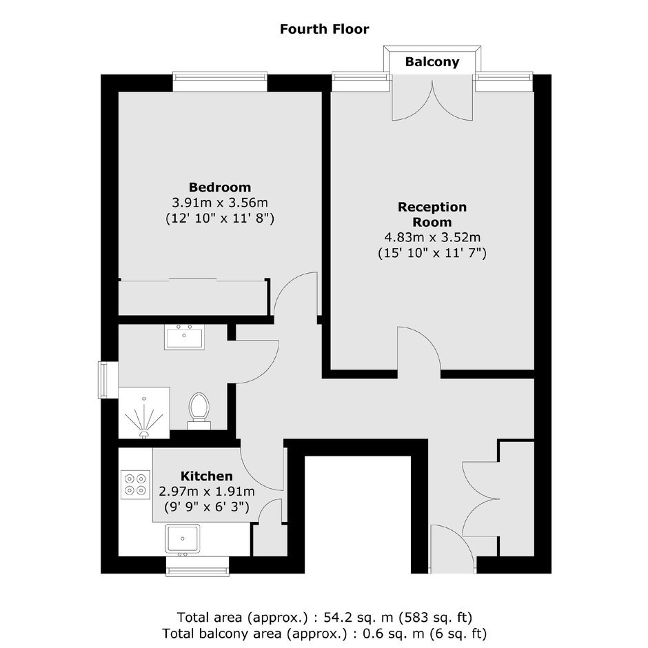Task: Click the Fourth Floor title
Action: [x=325, y=29]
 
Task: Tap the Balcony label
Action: [x=432, y=61]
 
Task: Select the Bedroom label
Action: [x=220, y=188]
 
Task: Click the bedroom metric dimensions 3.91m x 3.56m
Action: [x=220, y=203]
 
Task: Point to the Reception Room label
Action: [x=432, y=214]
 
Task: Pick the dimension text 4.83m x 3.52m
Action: [x=432, y=237]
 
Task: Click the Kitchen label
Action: [x=207, y=476]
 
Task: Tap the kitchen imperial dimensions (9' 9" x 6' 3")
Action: [x=207, y=506]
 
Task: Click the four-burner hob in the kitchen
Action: [x=136, y=485]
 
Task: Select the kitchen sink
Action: [x=182, y=538]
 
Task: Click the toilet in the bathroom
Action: [x=199, y=411]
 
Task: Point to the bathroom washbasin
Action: [x=184, y=337]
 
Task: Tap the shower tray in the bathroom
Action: [x=144, y=413]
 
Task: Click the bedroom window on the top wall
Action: [x=220, y=82]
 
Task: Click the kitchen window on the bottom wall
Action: [x=198, y=566]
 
